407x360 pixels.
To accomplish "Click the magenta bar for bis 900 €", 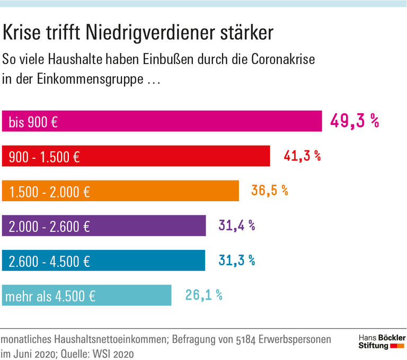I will [162, 121].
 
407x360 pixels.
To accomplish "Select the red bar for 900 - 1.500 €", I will [136, 156].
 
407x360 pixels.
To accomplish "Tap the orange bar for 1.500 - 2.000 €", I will [120, 191].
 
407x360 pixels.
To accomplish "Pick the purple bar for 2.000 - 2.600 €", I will [104, 226].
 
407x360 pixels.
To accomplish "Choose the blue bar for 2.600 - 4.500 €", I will [104, 260].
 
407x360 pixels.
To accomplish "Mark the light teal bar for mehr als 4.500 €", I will [87, 295].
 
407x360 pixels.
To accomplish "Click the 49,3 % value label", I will [355, 121].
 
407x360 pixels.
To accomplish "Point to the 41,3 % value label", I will [302, 156].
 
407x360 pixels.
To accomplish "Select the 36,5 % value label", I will [269, 191].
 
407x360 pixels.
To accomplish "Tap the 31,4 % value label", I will [236, 226].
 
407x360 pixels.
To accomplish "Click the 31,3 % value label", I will [236, 260].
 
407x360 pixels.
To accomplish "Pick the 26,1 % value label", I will [203, 295].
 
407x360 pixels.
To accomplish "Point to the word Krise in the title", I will [24, 33].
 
